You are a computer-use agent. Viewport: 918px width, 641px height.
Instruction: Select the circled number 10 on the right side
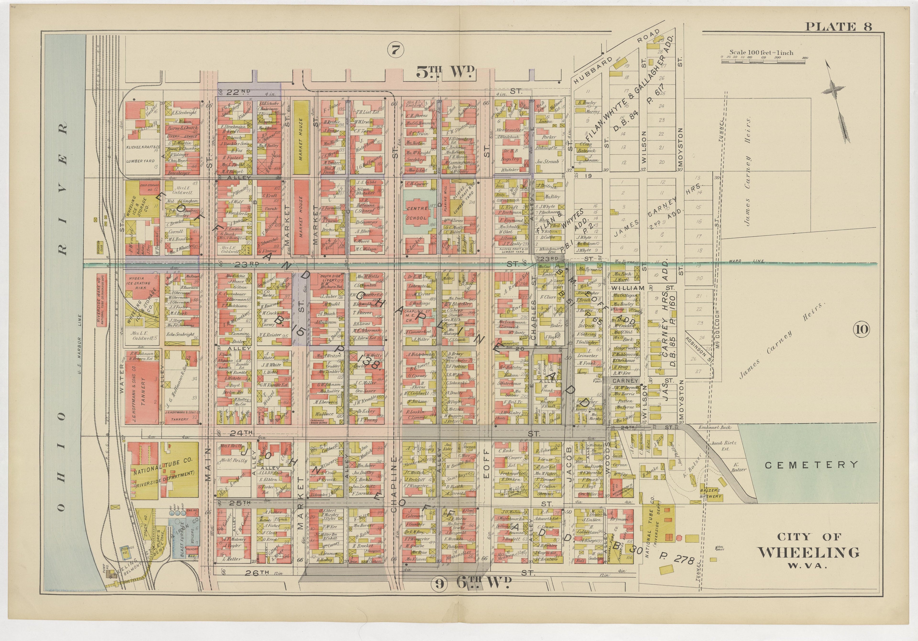pyautogui.click(x=861, y=329)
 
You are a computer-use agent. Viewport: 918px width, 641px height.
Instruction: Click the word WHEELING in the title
pyautogui.click(x=809, y=553)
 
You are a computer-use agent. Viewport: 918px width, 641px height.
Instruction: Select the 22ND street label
pyautogui.click(x=238, y=92)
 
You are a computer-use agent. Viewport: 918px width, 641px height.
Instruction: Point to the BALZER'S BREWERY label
pyautogui.click(x=710, y=493)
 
